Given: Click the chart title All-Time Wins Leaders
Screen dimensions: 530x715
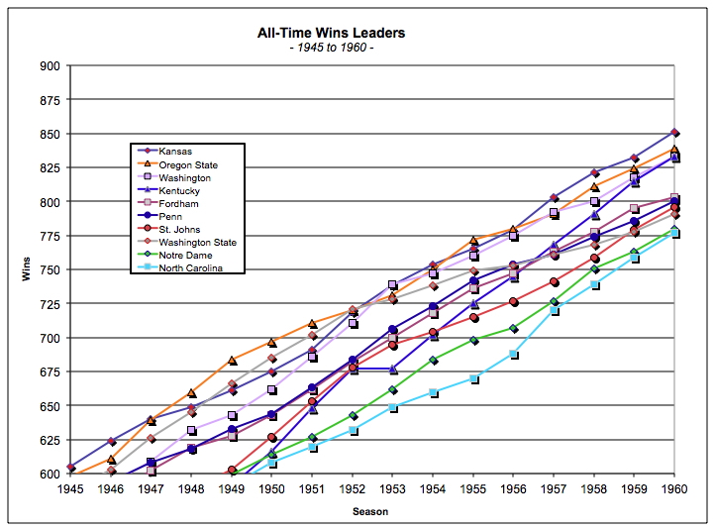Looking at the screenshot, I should click(331, 34).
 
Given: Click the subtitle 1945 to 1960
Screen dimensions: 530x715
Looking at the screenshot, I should click(331, 49).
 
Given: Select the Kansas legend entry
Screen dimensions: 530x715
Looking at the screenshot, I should click(176, 152).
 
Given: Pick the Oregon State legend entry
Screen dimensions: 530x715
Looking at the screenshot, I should click(187, 164).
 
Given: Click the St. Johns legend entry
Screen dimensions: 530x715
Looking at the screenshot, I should click(181, 229).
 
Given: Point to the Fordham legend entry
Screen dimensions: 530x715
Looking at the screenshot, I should click(179, 203).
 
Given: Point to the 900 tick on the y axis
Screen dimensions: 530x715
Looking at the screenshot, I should click(50, 66).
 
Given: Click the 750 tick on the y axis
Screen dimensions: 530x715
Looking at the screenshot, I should click(50, 270).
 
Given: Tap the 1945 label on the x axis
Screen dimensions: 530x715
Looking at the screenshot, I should click(70, 488).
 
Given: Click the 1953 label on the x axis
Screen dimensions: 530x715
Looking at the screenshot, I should click(392, 488).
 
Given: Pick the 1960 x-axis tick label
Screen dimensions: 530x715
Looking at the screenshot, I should click(674, 488).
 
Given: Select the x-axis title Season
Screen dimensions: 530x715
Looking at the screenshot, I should click(372, 511).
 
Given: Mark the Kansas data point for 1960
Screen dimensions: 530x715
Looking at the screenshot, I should click(674, 132).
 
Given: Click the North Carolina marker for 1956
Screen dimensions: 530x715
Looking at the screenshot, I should click(513, 354).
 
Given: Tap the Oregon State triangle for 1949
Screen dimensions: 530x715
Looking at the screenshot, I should click(232, 361).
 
